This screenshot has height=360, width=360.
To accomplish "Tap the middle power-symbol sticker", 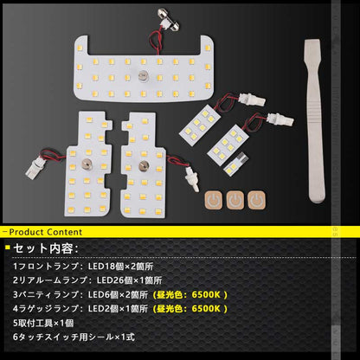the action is (235, 200).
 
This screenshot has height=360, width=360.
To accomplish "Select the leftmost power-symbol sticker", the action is (214, 200).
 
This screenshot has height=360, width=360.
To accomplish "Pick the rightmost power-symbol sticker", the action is (257, 200).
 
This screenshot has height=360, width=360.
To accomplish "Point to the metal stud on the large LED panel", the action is (142, 76).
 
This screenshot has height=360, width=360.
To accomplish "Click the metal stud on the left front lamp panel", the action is (86, 164).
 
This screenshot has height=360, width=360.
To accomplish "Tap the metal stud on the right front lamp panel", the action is (143, 165).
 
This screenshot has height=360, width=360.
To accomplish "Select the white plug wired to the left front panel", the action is (35, 168).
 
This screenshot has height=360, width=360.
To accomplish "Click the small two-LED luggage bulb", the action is (236, 164).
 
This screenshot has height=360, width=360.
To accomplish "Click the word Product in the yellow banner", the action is (27, 232).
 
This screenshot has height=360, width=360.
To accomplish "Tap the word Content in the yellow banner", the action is (65, 232).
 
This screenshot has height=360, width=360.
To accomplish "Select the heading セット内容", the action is (45, 248).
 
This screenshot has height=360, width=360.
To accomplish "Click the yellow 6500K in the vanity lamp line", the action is (206, 294).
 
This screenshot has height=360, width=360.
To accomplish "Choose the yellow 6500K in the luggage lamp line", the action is (206, 308).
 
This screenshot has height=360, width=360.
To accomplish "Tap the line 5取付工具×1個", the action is (43, 323).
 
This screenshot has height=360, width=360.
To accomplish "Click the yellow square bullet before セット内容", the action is (8, 247).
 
